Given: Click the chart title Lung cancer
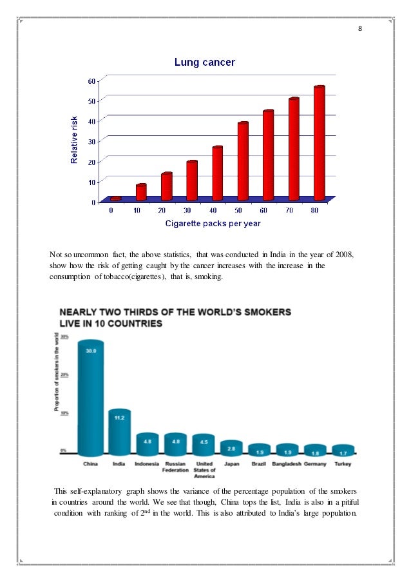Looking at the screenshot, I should tap(205, 63).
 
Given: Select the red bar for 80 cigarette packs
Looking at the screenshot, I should tap(318, 142).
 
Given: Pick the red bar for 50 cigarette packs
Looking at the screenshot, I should tap(243, 160).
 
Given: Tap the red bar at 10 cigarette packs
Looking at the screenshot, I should tap(141, 191).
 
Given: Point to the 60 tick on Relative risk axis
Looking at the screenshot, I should tap(92, 80).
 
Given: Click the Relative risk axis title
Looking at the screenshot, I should tap(74, 140).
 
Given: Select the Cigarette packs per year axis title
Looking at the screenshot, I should tap(213, 223).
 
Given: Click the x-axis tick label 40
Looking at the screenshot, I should tap(213, 210).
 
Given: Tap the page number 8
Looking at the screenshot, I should tap(360, 29).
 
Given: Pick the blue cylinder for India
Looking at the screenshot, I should tap(120, 432).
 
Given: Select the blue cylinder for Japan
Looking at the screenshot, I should tap(231, 448).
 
